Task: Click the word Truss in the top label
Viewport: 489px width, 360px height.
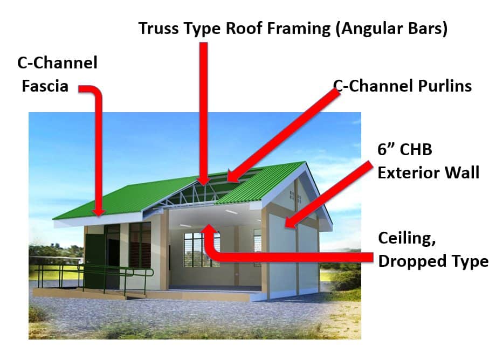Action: (159, 29)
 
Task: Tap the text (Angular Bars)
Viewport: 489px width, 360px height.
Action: (392, 29)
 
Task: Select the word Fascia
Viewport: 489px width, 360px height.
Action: (45, 86)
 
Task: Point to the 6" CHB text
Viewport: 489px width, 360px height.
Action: (404, 149)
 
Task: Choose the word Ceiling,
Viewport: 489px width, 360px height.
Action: (407, 238)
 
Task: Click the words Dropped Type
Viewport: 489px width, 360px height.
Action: (433, 261)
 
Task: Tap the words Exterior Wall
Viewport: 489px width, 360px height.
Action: (428, 172)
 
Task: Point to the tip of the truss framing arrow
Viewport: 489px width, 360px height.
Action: (204, 185)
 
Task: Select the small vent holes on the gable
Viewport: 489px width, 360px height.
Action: (295, 196)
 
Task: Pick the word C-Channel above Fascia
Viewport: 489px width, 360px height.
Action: (57, 63)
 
